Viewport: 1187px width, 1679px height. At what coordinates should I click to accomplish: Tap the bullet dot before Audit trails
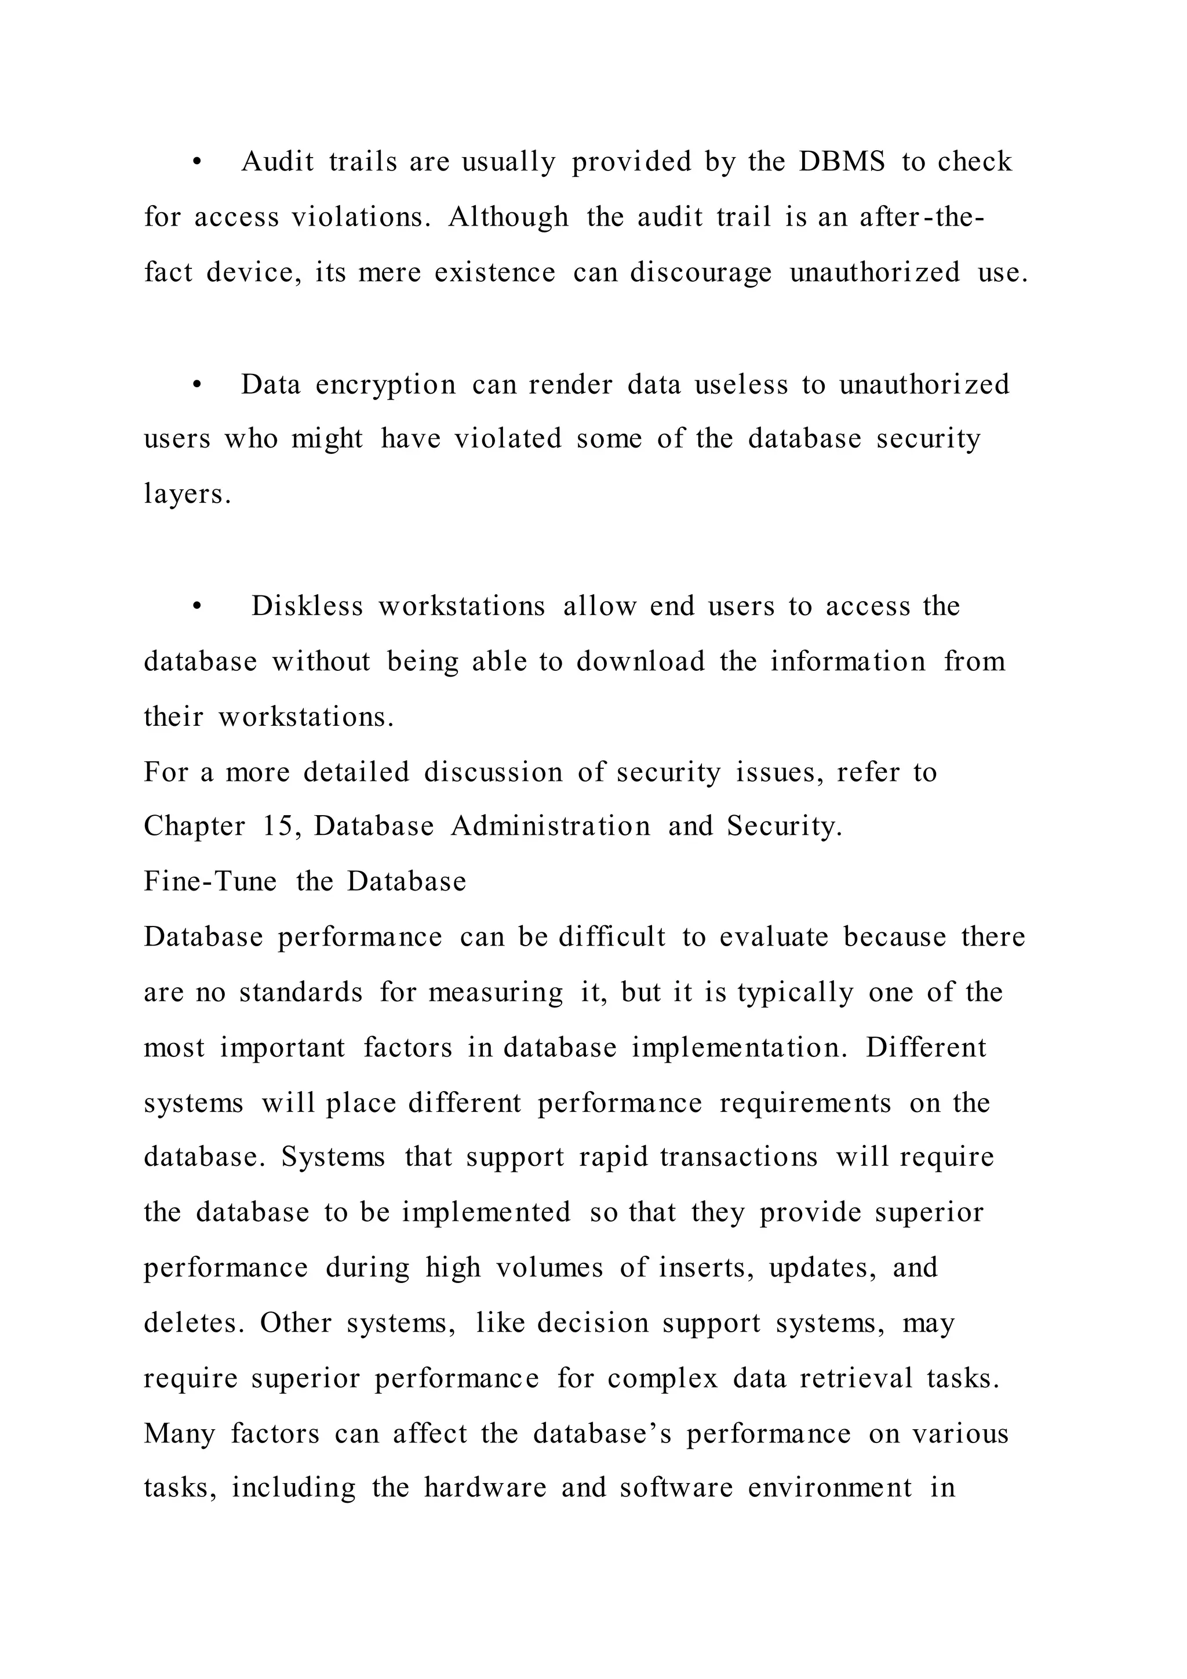click(x=196, y=162)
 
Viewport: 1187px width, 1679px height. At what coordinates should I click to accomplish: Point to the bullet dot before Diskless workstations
click(x=196, y=607)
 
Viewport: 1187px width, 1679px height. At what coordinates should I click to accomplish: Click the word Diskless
click(x=307, y=606)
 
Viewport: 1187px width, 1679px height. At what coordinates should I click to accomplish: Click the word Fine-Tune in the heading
click(x=210, y=881)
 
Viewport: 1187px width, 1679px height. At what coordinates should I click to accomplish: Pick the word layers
click(x=187, y=495)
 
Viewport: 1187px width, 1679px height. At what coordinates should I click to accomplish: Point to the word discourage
click(x=700, y=272)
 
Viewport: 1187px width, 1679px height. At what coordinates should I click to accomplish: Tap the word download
click(x=640, y=662)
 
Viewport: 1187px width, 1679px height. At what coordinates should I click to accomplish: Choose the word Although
click(x=508, y=217)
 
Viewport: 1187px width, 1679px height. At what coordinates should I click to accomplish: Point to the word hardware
click(x=485, y=1488)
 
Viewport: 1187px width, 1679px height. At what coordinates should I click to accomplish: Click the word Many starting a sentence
click(x=179, y=1434)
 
